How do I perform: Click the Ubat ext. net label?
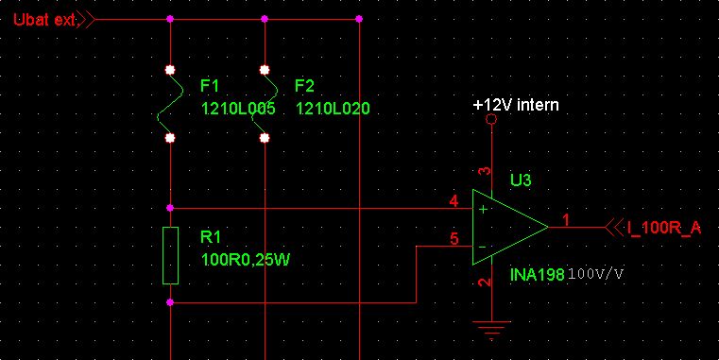(x=44, y=20)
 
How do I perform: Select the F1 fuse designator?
(x=210, y=86)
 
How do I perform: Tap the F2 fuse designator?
(x=304, y=86)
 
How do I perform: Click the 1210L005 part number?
(x=238, y=110)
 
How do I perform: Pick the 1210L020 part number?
(x=333, y=110)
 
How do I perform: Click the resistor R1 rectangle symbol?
(x=171, y=255)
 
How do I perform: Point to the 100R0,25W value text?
(x=246, y=261)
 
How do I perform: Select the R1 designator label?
(x=211, y=237)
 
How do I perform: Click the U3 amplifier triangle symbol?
(x=510, y=227)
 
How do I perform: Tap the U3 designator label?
(x=521, y=180)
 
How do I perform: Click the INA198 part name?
(x=538, y=275)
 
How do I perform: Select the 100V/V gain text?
(x=596, y=275)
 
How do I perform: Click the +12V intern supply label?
(x=516, y=105)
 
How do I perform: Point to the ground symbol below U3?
(x=491, y=330)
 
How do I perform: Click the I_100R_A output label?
(x=664, y=228)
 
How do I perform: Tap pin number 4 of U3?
(x=454, y=201)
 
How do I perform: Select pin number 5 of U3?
(x=454, y=238)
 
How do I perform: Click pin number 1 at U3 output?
(x=566, y=220)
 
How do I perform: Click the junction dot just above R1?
(x=170, y=208)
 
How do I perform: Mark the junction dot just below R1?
(x=170, y=302)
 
